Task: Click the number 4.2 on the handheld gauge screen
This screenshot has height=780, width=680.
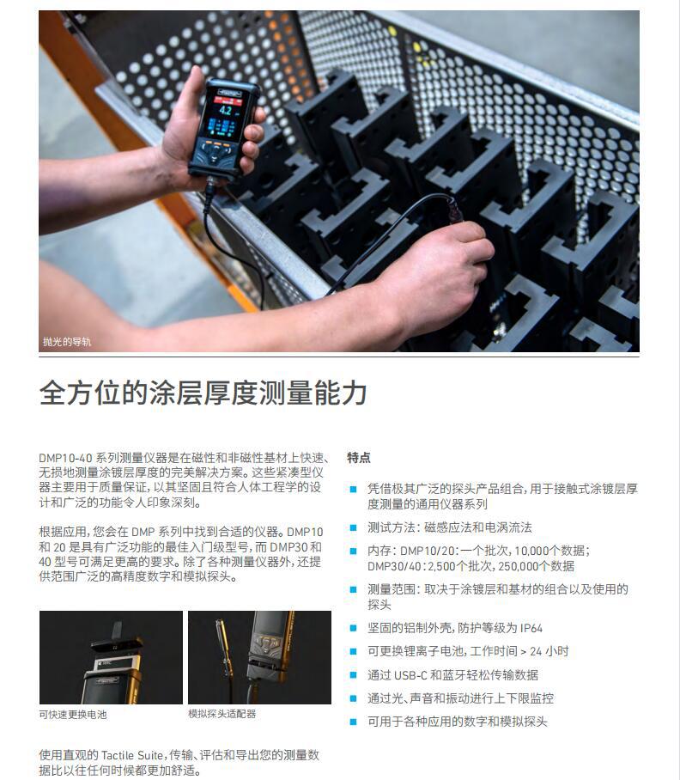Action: pyautogui.click(x=225, y=110)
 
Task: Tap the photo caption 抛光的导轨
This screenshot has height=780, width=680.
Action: pyautogui.click(x=67, y=342)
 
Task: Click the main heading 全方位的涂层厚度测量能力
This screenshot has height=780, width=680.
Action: pyautogui.click(x=203, y=393)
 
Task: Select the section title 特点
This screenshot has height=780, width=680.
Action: pyautogui.click(x=359, y=458)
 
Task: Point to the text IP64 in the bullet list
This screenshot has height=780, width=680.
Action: pyautogui.click(x=531, y=628)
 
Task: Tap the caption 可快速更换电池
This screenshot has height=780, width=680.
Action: pyautogui.click(x=73, y=715)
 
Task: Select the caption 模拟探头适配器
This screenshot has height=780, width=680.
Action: pyautogui.click(x=222, y=714)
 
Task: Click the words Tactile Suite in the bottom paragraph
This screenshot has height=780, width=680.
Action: pyautogui.click(x=133, y=755)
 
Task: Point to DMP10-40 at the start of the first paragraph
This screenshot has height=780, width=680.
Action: pyautogui.click(x=65, y=458)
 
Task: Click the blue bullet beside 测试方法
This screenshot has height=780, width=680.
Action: pyautogui.click(x=354, y=527)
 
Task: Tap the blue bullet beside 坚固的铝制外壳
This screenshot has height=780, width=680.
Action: pyautogui.click(x=354, y=628)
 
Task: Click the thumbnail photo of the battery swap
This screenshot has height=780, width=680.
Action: pyautogui.click(x=111, y=657)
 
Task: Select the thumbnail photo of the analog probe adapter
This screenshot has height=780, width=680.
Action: pyautogui.click(x=259, y=657)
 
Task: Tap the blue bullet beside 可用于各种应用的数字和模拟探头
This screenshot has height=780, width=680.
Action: pyautogui.click(x=354, y=722)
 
